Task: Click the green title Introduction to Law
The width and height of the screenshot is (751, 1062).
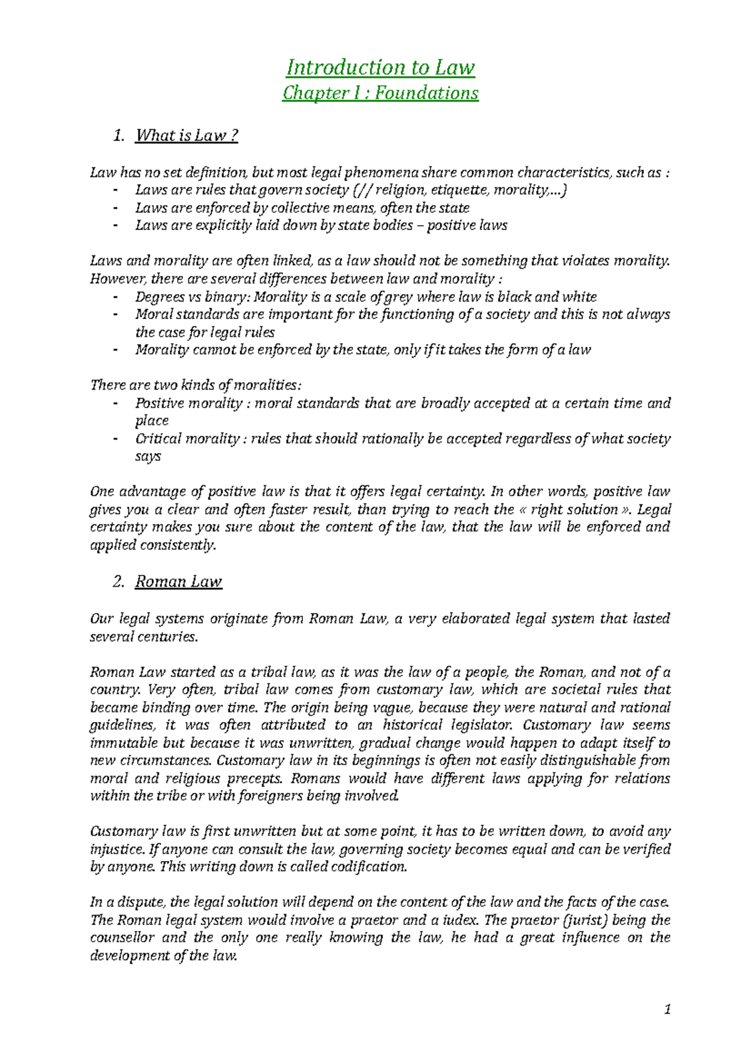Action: tap(381, 67)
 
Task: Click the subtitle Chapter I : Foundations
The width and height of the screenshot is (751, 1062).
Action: tap(381, 93)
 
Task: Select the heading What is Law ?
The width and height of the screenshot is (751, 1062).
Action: tap(186, 135)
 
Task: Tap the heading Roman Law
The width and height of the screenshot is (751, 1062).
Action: tap(178, 582)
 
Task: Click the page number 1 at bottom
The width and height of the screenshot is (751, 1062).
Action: tap(668, 1009)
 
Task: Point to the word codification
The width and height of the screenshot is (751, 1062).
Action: tap(369, 867)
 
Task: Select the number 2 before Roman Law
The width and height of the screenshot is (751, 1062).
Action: tap(118, 582)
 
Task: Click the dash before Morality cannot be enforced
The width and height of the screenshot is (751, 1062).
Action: tap(116, 350)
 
